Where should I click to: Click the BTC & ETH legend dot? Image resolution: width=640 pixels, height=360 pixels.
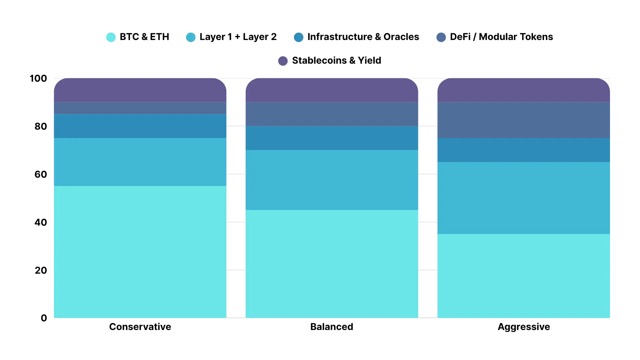pos(111,37)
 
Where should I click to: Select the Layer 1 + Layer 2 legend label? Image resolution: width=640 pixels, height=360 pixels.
pos(238,37)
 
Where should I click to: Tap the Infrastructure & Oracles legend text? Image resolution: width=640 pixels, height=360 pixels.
pos(363,37)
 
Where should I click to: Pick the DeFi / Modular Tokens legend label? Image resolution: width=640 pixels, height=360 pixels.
pos(501,37)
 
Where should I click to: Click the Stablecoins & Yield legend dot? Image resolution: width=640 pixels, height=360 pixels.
pos(283,61)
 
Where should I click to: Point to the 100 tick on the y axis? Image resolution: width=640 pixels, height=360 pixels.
pos(38,78)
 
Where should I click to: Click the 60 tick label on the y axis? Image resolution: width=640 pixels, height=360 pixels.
pos(41,174)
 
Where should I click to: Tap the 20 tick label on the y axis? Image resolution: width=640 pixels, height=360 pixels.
pos(41,270)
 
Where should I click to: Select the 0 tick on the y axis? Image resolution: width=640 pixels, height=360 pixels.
pos(44,318)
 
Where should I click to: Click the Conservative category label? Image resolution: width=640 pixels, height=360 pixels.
pos(140,327)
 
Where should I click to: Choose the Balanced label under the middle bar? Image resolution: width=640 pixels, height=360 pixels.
pos(332,327)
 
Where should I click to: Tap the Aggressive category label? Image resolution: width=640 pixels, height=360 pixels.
pos(524,327)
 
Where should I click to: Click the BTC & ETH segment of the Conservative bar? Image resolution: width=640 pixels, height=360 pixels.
pos(140,252)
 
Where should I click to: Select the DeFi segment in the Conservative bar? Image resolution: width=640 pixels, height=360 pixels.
pos(140,108)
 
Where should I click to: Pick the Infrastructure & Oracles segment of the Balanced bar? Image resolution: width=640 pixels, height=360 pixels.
pos(332,138)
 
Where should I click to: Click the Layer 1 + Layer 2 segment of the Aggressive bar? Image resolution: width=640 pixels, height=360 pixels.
pos(524,198)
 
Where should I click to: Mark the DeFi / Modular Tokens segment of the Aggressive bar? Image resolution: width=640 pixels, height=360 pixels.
pos(524,120)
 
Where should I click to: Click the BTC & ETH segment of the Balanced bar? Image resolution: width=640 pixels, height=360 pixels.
pos(332,264)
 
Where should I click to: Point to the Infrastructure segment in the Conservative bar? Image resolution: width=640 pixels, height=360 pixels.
pos(140,126)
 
